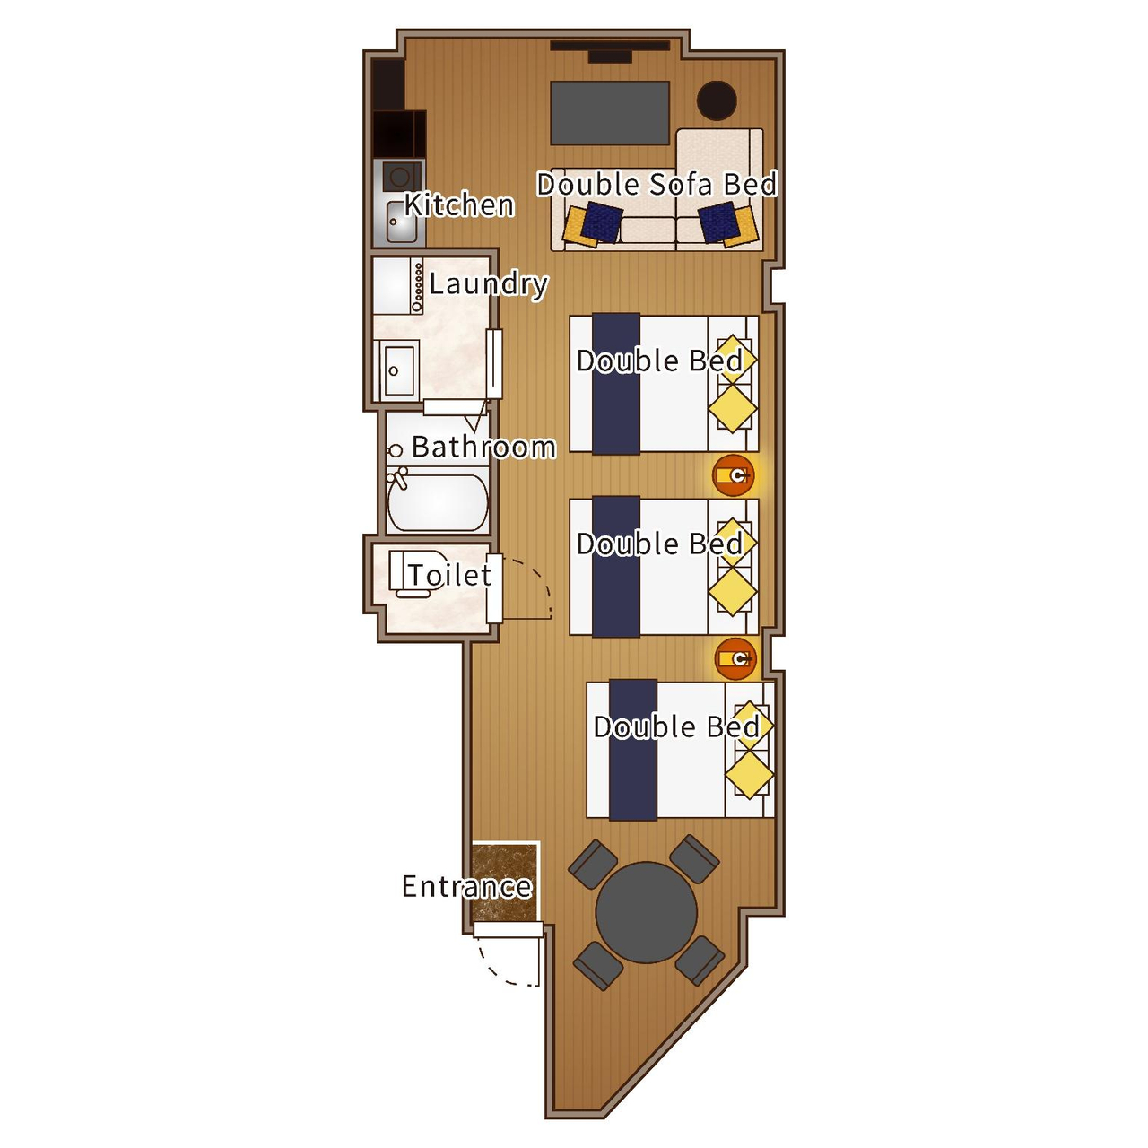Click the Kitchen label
459,205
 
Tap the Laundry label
489,284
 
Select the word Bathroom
483,447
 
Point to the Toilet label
450,575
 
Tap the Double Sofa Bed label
657,184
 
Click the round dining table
646,912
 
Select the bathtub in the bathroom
438,502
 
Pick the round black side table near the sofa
717,100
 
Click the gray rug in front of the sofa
610,113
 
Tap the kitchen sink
402,222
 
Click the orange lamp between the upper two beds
734,475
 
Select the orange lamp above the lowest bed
735,659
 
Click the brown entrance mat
505,883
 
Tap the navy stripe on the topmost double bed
616,384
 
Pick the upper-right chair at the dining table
695,859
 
